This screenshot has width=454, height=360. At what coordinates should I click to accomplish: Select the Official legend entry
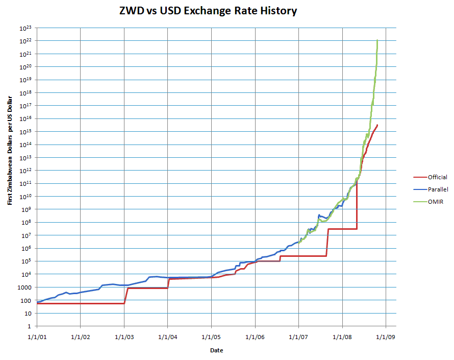tap(437, 177)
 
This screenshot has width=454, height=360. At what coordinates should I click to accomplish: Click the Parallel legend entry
tap(437, 189)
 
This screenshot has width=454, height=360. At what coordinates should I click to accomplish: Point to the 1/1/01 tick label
tap(37, 337)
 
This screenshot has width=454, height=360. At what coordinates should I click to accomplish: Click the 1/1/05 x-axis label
tap(211, 337)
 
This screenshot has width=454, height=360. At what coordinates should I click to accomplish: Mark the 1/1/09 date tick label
tap(386, 337)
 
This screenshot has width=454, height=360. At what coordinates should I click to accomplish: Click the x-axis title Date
tap(216, 350)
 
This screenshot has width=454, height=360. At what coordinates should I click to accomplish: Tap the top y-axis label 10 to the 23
tap(26, 28)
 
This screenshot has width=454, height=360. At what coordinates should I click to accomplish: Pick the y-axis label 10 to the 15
tap(26, 132)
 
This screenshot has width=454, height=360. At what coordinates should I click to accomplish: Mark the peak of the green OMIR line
tap(377, 40)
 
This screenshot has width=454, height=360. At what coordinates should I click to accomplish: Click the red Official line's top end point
tap(377, 125)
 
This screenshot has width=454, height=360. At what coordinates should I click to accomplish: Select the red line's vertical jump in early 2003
tap(125, 296)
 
